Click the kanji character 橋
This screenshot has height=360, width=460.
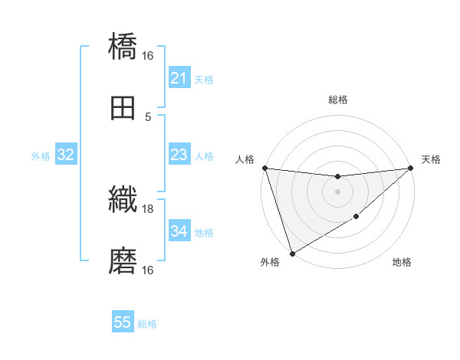[123, 47]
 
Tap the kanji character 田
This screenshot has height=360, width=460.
[123, 109]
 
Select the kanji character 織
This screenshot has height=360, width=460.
[123, 200]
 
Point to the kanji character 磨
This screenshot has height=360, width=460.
[123, 262]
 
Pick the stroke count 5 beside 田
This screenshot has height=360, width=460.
[148, 117]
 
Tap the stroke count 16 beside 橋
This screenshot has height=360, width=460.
[148, 56]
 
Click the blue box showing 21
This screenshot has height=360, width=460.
[179, 78]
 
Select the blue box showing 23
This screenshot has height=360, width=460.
[179, 155]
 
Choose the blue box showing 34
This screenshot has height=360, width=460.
[179, 231]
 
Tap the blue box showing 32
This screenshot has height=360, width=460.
[66, 155]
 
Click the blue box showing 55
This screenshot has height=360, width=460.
[123, 322]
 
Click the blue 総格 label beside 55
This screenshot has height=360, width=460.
[147, 324]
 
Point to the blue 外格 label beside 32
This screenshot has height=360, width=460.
[41, 156]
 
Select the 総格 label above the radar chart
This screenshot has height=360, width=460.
[337, 100]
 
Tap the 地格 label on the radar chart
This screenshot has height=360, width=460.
[402, 263]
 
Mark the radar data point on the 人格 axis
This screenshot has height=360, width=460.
[264, 168]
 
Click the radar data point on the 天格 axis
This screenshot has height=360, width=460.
[410, 168]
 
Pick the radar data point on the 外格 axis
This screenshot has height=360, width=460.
[292, 253]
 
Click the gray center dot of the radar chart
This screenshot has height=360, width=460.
[337, 191]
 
